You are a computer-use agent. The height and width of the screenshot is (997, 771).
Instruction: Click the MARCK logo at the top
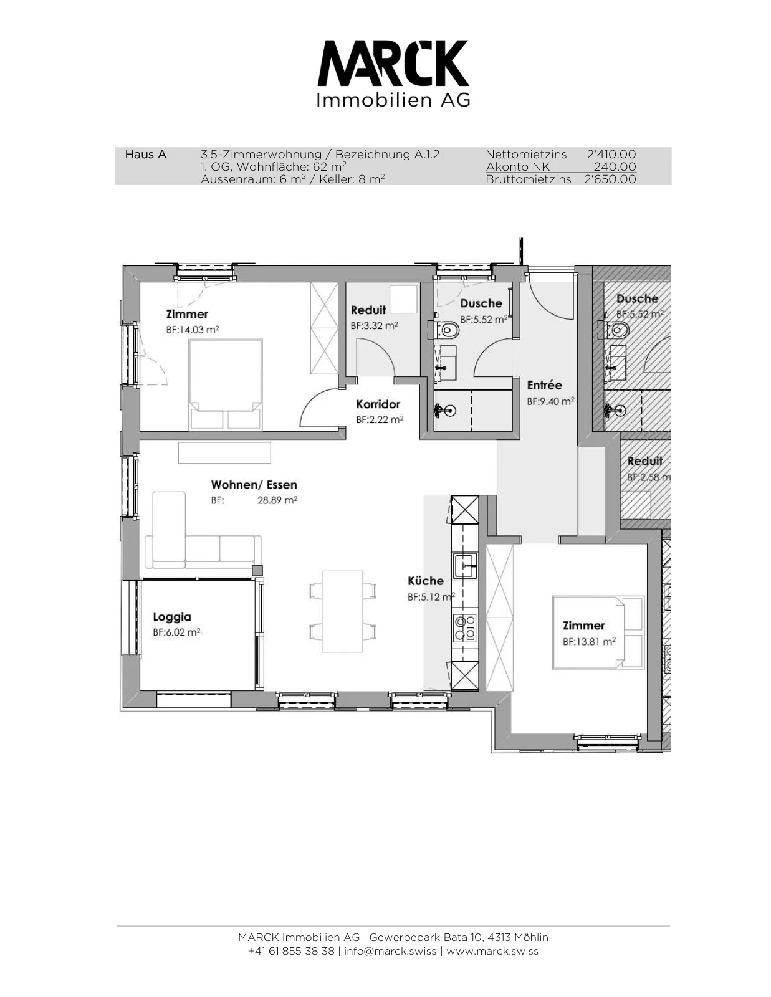click(x=393, y=74)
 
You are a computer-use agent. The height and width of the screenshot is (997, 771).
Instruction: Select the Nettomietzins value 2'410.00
click(x=611, y=155)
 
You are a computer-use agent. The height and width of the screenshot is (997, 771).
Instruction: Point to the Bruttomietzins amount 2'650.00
click(x=610, y=179)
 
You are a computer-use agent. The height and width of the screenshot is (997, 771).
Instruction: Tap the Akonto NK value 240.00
click(x=615, y=167)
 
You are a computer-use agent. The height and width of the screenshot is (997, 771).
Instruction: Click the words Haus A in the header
click(x=145, y=155)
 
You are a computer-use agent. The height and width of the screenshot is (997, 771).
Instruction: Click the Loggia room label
click(x=172, y=617)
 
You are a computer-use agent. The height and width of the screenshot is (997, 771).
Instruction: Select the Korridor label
click(x=378, y=404)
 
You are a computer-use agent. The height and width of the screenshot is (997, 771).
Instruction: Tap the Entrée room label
click(x=544, y=385)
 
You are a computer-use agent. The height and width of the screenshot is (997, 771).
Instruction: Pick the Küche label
click(x=426, y=581)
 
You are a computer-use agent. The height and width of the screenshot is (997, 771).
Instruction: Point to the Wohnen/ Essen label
click(x=254, y=485)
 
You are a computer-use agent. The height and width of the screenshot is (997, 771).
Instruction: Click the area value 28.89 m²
click(x=277, y=500)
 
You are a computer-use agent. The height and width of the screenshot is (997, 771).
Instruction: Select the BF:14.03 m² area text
click(x=193, y=330)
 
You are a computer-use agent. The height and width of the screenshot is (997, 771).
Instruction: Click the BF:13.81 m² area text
click(x=589, y=642)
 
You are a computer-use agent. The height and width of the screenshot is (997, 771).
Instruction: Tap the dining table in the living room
click(x=342, y=611)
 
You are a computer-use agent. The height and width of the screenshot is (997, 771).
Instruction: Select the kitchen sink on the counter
click(x=466, y=566)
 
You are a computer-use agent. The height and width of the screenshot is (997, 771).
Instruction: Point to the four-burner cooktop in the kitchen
click(x=466, y=627)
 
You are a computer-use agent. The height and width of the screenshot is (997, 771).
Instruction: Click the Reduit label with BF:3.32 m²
click(x=368, y=310)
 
